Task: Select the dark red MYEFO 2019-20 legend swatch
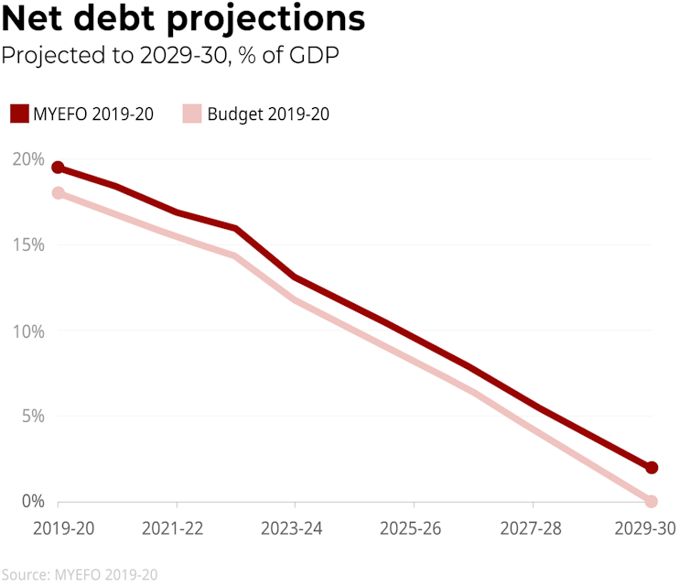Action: click(x=19, y=114)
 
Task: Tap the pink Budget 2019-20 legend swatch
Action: click(x=191, y=114)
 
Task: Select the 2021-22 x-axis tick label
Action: click(x=176, y=530)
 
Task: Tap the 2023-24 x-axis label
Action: click(x=295, y=530)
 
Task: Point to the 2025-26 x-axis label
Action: click(x=414, y=530)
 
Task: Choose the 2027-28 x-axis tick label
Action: click(x=533, y=530)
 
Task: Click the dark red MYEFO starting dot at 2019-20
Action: click(x=58, y=168)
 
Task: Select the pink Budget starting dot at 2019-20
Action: click(x=58, y=193)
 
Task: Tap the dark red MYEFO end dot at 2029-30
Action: click(x=652, y=468)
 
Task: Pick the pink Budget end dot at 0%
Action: click(x=652, y=502)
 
